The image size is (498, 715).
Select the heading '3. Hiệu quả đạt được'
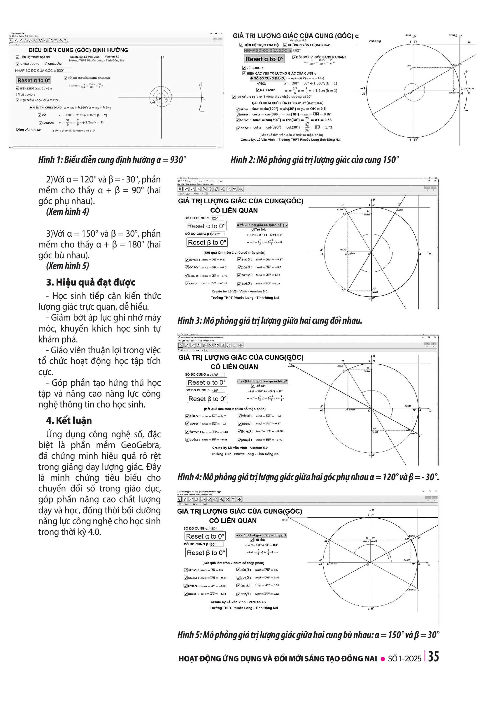point(91,282)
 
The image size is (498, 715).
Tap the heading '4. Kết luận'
point(69,420)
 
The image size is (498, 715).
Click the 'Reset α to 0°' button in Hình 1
point(34,80)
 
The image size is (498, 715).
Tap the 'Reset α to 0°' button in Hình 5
point(205,536)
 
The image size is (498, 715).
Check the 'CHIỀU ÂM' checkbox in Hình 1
point(46,64)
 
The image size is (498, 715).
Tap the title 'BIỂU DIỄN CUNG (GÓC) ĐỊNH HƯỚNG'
point(78,50)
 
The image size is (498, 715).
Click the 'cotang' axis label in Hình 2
point(375,41)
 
